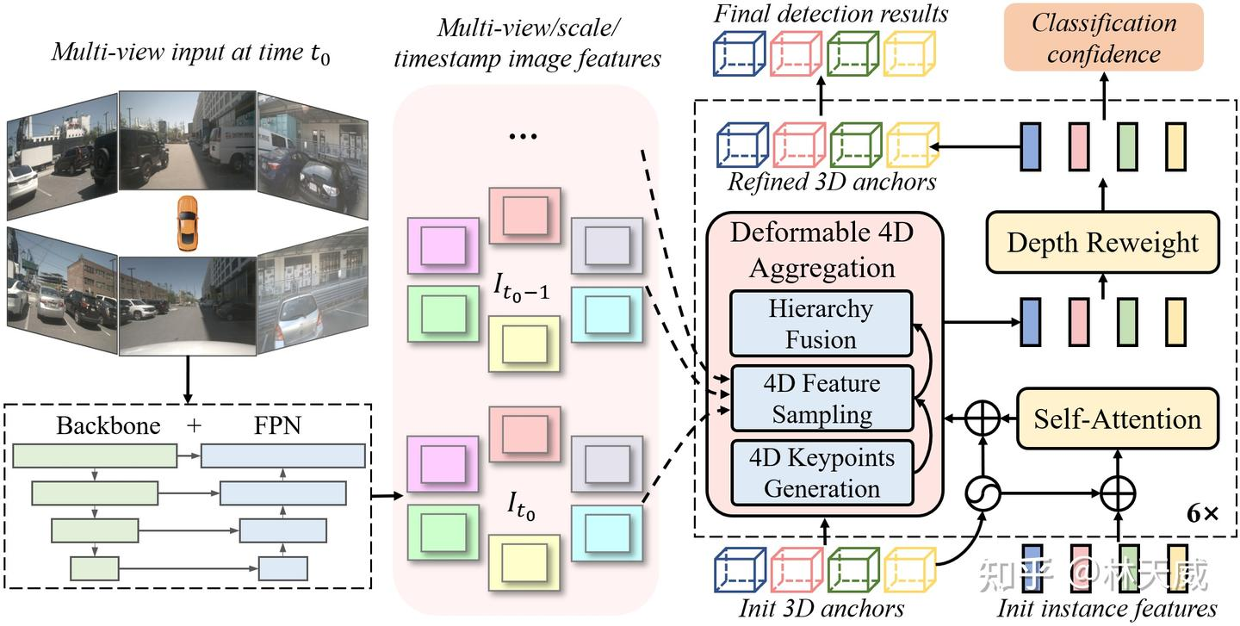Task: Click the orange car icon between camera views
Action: pyautogui.click(x=187, y=223)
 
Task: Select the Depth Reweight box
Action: pyautogui.click(x=1103, y=243)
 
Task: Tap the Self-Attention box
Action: pyautogui.click(x=1117, y=418)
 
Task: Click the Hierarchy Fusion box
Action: pyautogui.click(x=821, y=324)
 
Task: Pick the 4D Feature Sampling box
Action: pyautogui.click(x=821, y=399)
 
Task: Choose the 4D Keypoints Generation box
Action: pyautogui.click(x=821, y=473)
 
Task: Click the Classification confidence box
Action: pyautogui.click(x=1103, y=37)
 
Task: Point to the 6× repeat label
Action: pyautogui.click(x=1203, y=514)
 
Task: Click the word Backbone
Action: pyautogui.click(x=108, y=425)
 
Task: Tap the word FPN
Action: pyautogui.click(x=277, y=425)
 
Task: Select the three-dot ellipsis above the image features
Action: pyautogui.click(x=524, y=136)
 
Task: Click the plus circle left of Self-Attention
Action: pyautogui.click(x=983, y=418)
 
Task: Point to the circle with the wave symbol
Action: pyautogui.click(x=983, y=493)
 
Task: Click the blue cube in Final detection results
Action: pyautogui.click(x=740, y=53)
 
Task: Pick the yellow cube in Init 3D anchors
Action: pyautogui.click(x=909, y=569)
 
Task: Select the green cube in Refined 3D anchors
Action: pyautogui.click(x=856, y=145)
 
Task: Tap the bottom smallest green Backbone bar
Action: pyautogui.click(x=94, y=568)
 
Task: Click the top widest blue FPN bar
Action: pyautogui.click(x=282, y=456)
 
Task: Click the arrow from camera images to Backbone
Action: pyautogui.click(x=188, y=380)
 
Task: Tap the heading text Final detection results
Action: pyautogui.click(x=830, y=15)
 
